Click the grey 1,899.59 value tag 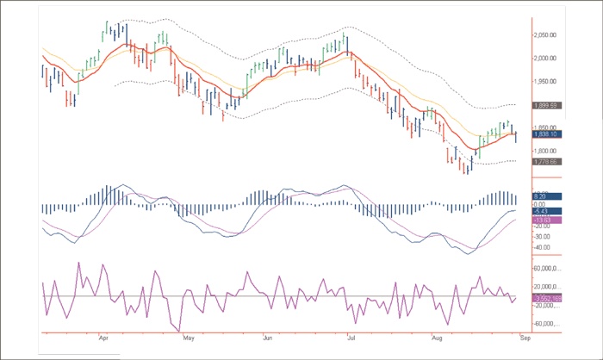[x=548, y=105]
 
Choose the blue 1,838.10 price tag [x=548, y=134]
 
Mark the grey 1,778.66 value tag [x=548, y=161]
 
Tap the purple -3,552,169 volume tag [x=548, y=298]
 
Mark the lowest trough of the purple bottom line [x=179, y=331]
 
